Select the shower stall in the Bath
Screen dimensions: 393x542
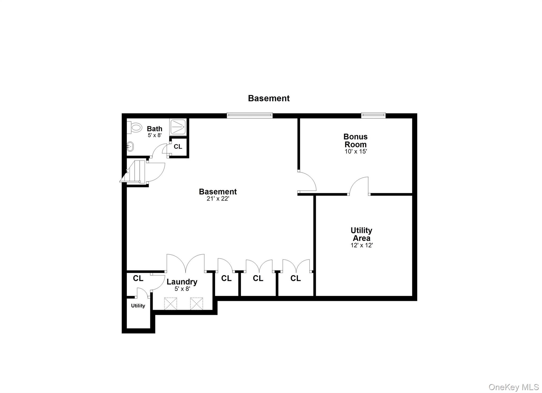click(x=178, y=127)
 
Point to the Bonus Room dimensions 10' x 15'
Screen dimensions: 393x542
click(x=356, y=152)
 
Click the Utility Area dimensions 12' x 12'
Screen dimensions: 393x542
click(x=362, y=245)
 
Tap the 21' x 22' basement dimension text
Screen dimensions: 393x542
click(x=218, y=199)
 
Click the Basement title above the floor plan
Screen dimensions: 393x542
click(x=269, y=98)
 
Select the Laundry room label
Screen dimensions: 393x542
click(x=182, y=282)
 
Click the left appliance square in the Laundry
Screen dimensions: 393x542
click(x=170, y=303)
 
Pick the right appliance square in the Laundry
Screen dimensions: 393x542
click(x=196, y=303)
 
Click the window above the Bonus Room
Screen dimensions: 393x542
click(x=373, y=115)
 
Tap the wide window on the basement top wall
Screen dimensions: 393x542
click(x=250, y=115)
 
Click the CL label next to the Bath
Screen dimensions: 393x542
click(x=178, y=147)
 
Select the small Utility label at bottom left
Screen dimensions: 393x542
click(x=138, y=306)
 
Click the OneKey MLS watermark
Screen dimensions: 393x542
click(x=513, y=387)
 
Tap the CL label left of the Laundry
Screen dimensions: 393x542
click(x=138, y=278)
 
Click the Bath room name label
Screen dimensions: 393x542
click(x=155, y=129)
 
